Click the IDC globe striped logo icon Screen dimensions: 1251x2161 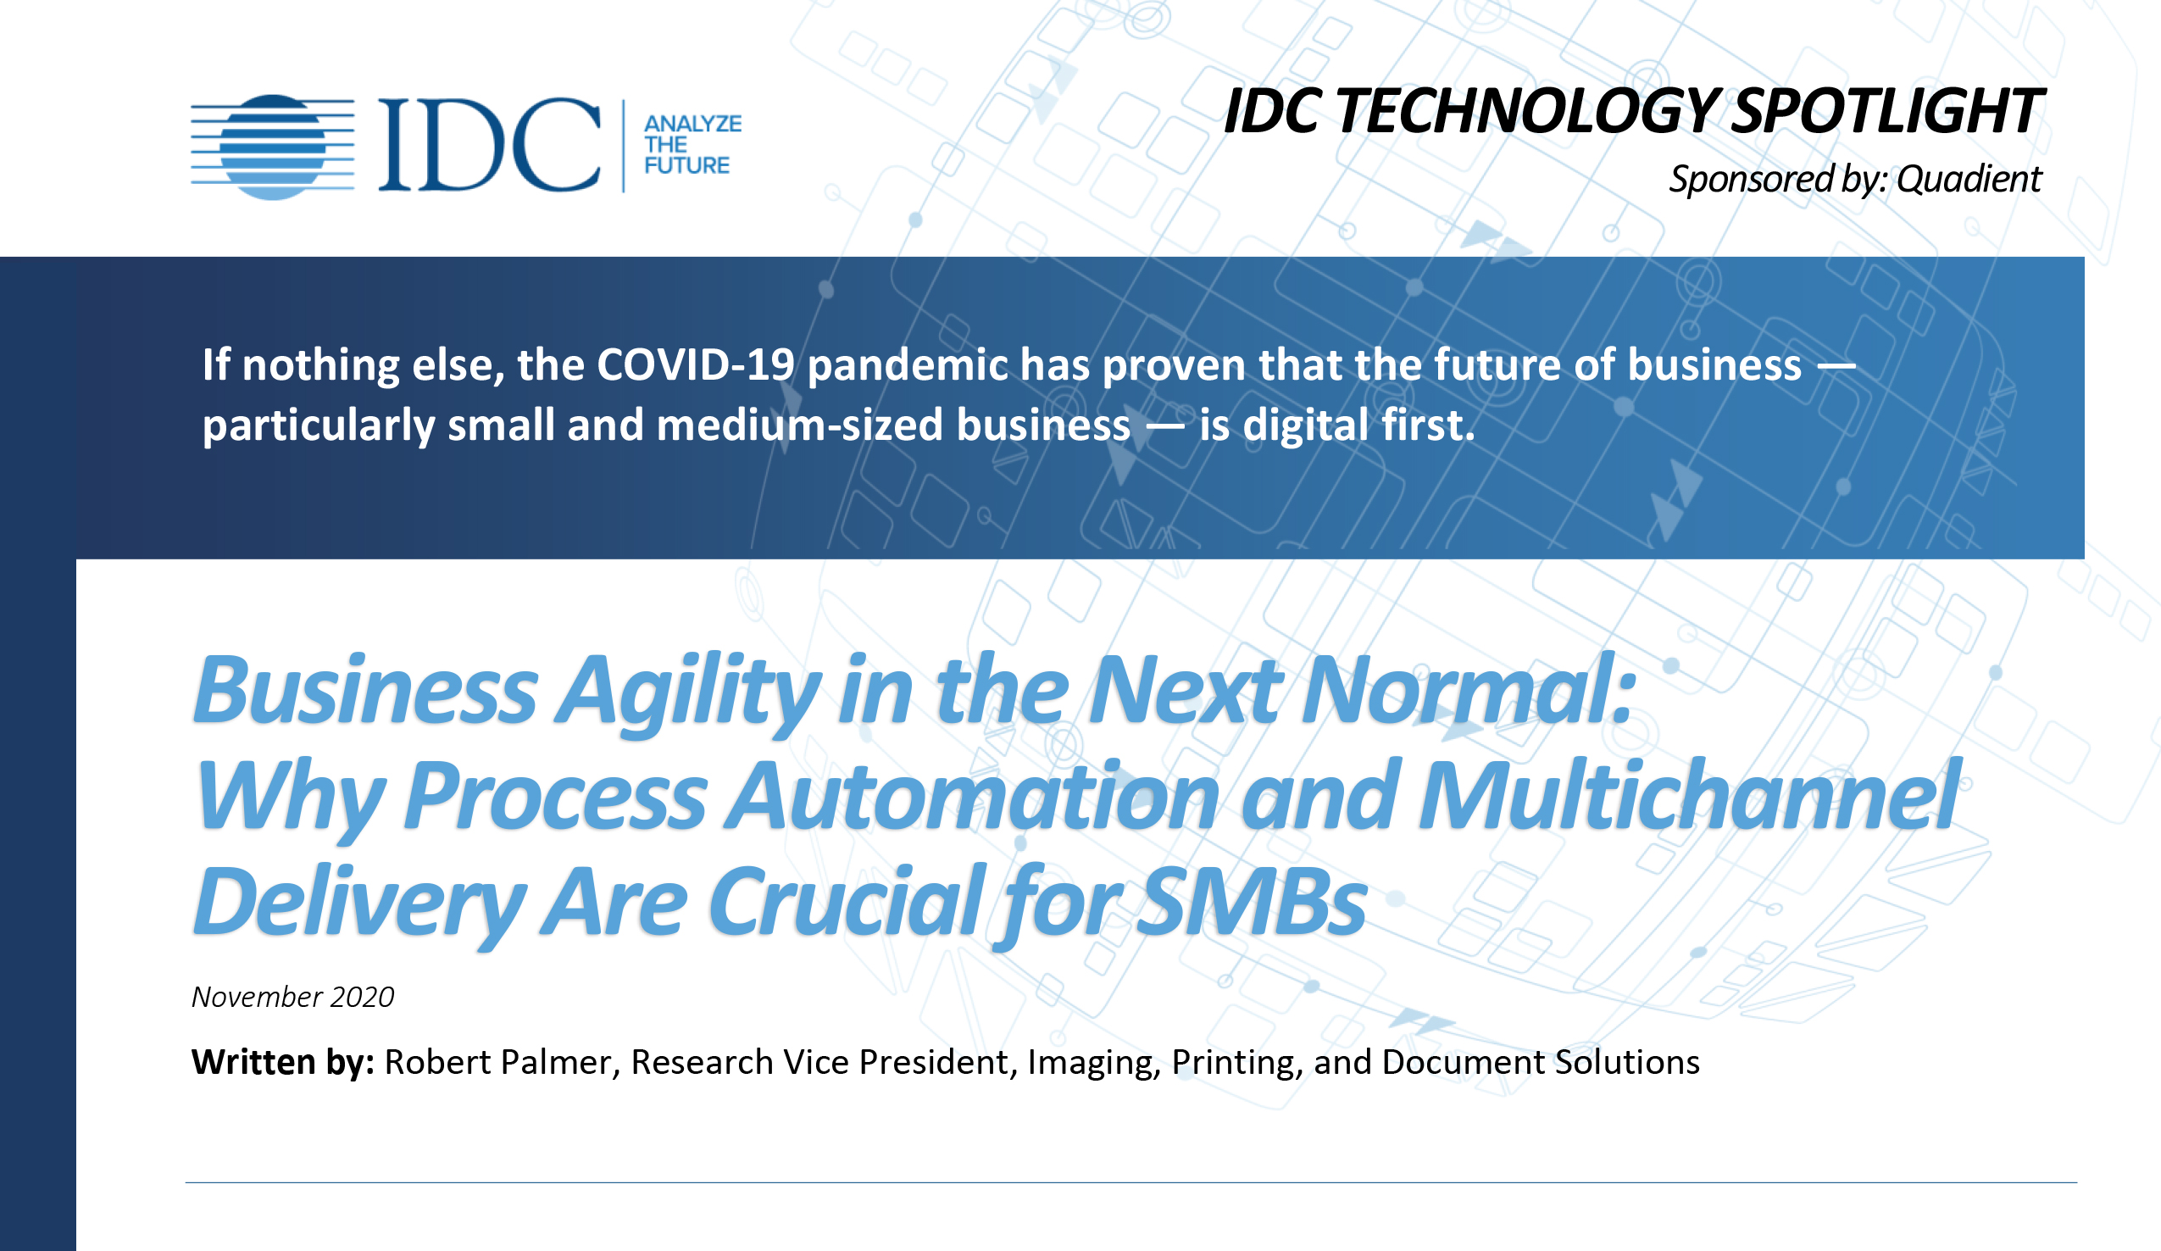point(273,147)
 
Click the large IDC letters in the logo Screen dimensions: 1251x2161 point(489,145)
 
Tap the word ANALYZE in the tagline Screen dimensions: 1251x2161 point(692,124)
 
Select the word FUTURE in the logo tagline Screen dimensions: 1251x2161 point(686,165)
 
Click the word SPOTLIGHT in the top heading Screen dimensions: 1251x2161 point(1886,112)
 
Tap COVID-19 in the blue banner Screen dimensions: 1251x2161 point(696,364)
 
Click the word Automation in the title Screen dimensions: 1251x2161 point(971,798)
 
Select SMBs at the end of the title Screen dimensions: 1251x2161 point(1251,903)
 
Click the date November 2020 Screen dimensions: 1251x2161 point(292,998)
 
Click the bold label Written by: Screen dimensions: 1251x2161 point(282,1062)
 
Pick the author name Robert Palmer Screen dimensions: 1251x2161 point(497,1062)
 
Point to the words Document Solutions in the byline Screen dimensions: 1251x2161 point(1540,1062)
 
